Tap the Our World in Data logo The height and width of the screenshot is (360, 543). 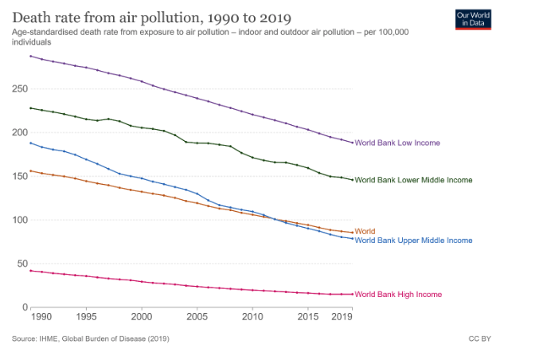click(473, 19)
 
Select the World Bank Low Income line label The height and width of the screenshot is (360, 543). click(397, 143)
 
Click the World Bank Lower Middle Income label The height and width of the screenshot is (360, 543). click(413, 180)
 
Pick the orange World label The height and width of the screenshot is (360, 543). click(365, 231)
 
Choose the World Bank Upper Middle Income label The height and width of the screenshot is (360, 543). click(413, 240)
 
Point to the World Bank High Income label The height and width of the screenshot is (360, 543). click(398, 295)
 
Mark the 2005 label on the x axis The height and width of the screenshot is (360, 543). click(197, 318)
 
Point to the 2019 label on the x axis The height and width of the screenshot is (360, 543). click(343, 318)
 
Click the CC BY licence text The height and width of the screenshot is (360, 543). click(481, 339)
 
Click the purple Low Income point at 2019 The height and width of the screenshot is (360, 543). click(352, 143)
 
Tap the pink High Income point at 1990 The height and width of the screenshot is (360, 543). click(30, 271)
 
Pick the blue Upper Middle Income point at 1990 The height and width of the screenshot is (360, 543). click(30, 143)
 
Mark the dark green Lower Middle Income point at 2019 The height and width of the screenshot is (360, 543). click(352, 180)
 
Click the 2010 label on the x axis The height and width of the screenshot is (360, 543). click(252, 318)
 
